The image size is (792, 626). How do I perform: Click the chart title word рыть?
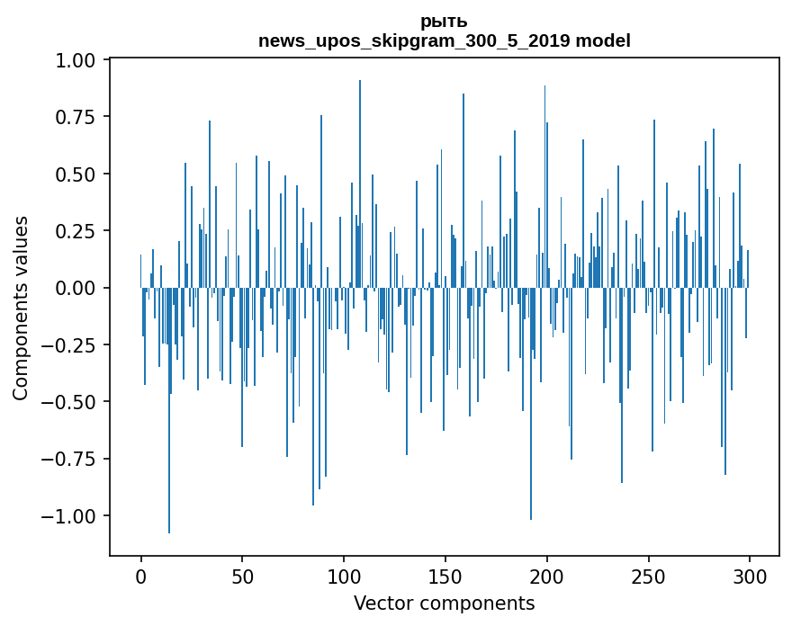444,22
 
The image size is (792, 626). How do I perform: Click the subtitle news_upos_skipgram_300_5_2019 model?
444,40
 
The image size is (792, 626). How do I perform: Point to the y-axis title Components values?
21,308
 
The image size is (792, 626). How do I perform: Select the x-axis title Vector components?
444,604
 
